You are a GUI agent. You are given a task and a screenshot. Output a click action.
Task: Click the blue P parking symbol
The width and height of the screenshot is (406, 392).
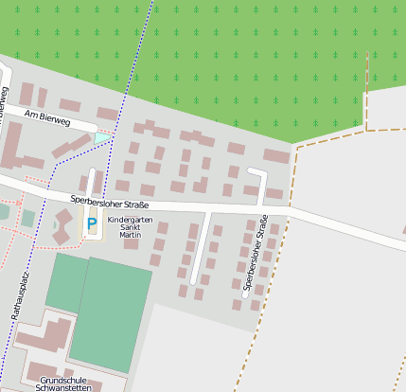click(92, 225)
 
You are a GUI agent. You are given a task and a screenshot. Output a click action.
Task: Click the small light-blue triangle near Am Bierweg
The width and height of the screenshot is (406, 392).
click(101, 138)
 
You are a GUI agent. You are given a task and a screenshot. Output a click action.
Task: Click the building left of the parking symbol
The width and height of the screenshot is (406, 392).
click(64, 225)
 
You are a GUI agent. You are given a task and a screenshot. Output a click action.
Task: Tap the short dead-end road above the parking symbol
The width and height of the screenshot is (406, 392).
click(92, 183)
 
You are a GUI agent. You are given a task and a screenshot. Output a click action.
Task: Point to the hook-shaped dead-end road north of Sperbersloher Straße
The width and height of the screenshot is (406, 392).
click(261, 184)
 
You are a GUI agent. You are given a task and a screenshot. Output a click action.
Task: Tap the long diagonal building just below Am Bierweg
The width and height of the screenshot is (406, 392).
click(72, 146)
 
